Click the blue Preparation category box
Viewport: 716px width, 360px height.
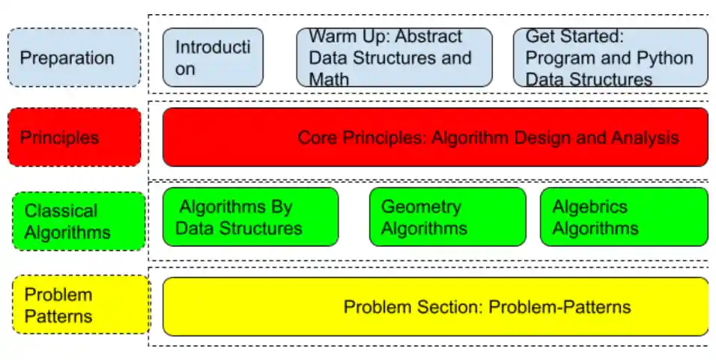pyautogui.click(x=74, y=58)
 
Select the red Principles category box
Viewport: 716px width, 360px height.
pyautogui.click(x=74, y=137)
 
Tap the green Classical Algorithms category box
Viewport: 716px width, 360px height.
pyautogui.click(x=78, y=222)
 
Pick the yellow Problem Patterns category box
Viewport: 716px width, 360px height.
pyautogui.click(x=81, y=305)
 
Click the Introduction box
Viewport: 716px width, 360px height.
pyautogui.click(x=213, y=58)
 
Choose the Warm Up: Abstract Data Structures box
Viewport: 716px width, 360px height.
pyautogui.click(x=394, y=58)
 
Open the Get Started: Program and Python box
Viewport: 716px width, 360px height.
pyautogui.click(x=610, y=58)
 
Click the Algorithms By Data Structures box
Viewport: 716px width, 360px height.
pyautogui.click(x=250, y=217)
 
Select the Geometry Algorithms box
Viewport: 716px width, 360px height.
pyautogui.click(x=447, y=217)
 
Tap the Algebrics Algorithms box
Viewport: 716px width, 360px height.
pyautogui.click(x=623, y=217)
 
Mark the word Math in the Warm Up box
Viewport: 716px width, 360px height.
pyautogui.click(x=329, y=79)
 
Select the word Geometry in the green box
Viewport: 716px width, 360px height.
pyautogui.click(x=421, y=207)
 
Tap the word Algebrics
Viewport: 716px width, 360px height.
pyautogui.click(x=589, y=207)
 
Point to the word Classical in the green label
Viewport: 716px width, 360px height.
pyautogui.click(x=61, y=211)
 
